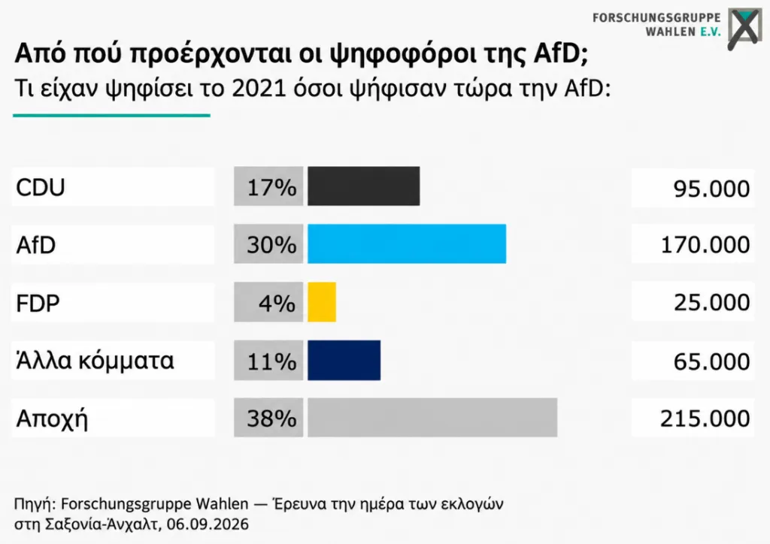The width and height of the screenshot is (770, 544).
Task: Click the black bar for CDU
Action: click(363, 186)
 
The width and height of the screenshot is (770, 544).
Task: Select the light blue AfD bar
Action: click(407, 243)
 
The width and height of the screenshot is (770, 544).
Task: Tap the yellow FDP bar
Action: click(322, 302)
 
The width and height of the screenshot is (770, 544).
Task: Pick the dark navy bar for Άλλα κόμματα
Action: click(344, 360)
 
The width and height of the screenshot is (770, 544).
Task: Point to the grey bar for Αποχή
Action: click(432, 418)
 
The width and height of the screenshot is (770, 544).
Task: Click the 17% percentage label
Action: click(271, 187)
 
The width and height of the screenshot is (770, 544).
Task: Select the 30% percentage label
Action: click(271, 244)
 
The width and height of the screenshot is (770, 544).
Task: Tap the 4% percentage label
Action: click(277, 303)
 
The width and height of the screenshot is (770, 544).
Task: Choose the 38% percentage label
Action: click(271, 419)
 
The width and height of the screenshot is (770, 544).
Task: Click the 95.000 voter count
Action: click(711, 189)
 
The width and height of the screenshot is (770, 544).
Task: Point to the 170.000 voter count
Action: click(705, 245)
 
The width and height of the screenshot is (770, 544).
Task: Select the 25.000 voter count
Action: click(711, 302)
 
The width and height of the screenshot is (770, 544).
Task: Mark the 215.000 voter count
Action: click(705, 419)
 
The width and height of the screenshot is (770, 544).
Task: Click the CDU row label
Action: click(41, 187)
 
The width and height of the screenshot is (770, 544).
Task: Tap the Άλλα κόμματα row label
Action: click(95, 361)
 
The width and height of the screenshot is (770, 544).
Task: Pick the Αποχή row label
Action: click(52, 420)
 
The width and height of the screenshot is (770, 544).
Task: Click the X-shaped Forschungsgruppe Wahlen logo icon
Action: click(744, 29)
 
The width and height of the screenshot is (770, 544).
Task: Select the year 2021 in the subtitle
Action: click(259, 89)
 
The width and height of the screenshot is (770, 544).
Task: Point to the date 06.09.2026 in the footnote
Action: click(208, 524)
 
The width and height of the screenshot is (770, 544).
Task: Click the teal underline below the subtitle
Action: click(111, 116)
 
